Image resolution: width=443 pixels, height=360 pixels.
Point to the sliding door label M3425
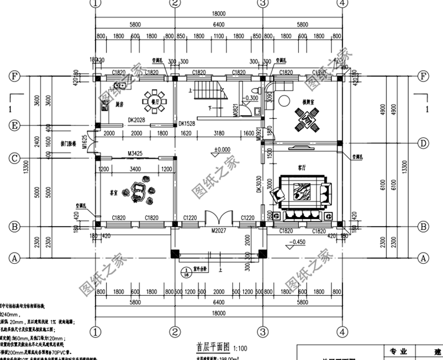pyautogui.click(x=137, y=154)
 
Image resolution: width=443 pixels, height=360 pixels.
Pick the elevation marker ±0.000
pyautogui.click(x=223, y=150)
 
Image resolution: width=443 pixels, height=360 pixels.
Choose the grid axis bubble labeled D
pyautogui.click(x=423, y=143)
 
